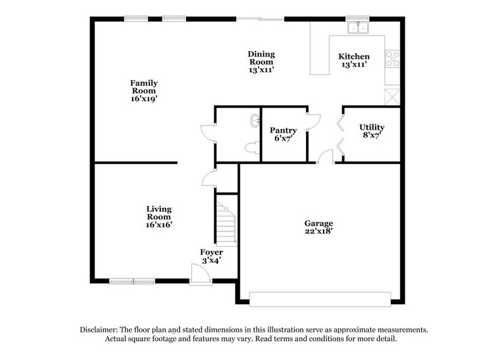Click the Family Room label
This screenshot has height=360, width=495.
pos(144,90)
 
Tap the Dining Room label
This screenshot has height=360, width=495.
pos(261,62)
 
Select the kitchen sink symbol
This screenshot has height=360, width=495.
pos(357,28)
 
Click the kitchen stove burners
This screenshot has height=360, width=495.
pos(392,59)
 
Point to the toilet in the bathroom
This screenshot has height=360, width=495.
pos(250,147)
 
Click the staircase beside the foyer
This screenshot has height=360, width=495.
pos(226,223)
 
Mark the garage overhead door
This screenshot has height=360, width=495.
pos(320,299)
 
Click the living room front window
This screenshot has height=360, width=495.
pos(132,282)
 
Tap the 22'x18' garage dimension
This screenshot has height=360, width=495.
pos(318,231)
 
